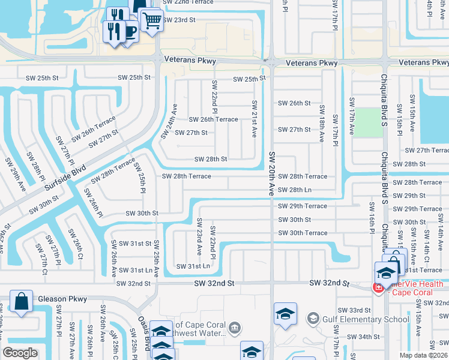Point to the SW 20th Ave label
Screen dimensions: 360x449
pyautogui.click(x=271, y=174)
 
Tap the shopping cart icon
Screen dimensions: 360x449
pyautogui.click(x=152, y=21)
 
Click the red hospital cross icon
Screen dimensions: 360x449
pyautogui.click(x=378, y=287)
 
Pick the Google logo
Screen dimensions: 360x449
pyautogui.click(x=20, y=353)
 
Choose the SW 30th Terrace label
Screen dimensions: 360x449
pyautogui.click(x=303, y=233)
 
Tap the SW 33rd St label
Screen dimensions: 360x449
pyautogui.click(x=354, y=310)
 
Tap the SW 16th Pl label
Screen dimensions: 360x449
pyautogui.click(x=372, y=222)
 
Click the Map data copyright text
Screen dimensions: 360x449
pyautogui.click(x=424, y=355)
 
